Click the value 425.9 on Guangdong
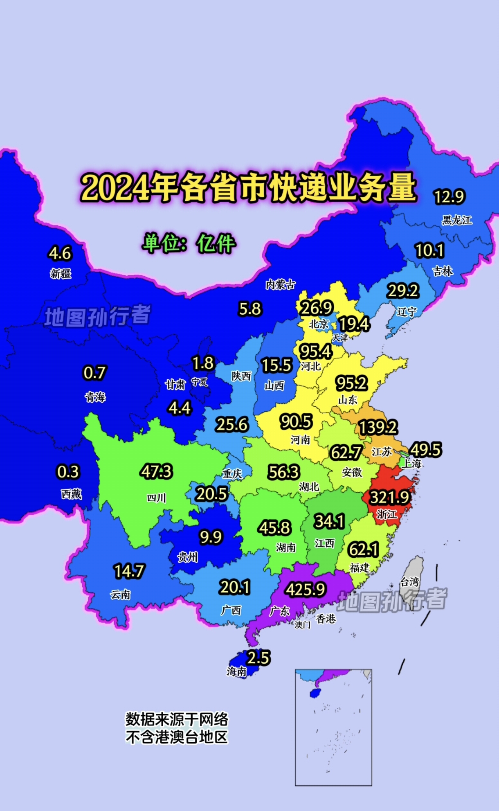point(306,590)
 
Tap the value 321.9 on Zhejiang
point(389,498)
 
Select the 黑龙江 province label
point(457,220)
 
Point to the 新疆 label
point(61,273)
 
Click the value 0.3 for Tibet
point(68,472)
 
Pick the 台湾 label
point(409,581)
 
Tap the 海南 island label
point(237,671)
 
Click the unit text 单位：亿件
point(189,243)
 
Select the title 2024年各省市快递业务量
point(248,187)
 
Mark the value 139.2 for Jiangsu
point(378,428)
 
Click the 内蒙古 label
point(280,284)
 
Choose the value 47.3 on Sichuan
point(156,471)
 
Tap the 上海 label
point(411,463)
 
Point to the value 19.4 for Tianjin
point(354,324)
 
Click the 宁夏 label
point(200,382)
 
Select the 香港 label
point(326,619)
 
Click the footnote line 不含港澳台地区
point(177,737)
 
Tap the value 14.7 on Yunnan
point(129,571)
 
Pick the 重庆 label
point(232,474)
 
